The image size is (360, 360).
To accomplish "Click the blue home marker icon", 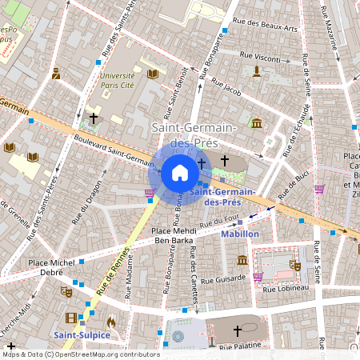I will [179, 173].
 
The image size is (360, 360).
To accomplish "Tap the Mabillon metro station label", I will [241, 234].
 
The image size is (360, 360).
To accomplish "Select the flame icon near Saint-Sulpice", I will [110, 322].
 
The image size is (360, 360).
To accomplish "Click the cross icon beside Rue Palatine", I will [237, 330].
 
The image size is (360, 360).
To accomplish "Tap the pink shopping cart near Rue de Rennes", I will [149, 193].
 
